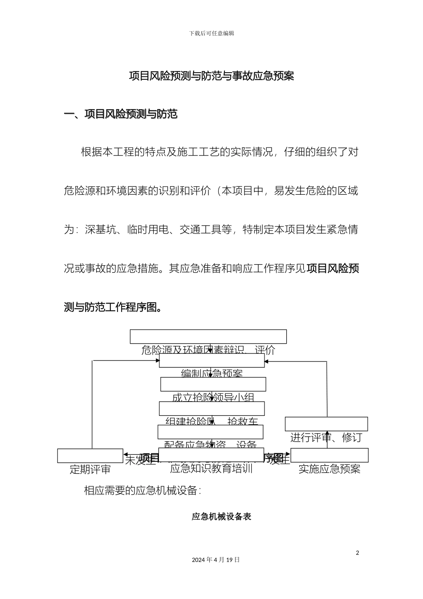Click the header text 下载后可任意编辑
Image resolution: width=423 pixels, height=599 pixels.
[x=211, y=33]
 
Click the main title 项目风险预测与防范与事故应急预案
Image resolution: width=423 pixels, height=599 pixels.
[x=211, y=76]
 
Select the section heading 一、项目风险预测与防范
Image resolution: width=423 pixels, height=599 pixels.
[x=121, y=115]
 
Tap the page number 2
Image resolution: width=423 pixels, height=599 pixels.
[x=357, y=553]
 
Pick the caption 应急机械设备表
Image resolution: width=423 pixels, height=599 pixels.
[x=221, y=517]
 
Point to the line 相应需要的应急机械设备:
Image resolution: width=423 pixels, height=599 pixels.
[x=142, y=491]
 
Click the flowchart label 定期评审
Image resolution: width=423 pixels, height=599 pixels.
[x=90, y=469]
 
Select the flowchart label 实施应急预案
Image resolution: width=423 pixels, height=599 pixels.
[x=329, y=469]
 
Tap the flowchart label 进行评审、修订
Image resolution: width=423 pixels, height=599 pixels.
[x=326, y=438]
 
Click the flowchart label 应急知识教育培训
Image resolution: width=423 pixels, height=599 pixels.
[x=211, y=468]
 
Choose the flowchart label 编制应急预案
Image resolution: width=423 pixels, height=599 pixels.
[x=212, y=373]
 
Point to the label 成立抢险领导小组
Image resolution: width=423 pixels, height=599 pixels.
[x=213, y=397]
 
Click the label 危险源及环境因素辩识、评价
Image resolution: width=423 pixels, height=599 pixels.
[x=208, y=350]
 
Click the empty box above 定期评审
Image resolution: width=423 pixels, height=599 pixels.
[x=90, y=456]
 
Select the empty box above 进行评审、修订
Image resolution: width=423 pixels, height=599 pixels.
[x=326, y=424]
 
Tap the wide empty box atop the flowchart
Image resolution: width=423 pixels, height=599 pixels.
[x=208, y=336]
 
